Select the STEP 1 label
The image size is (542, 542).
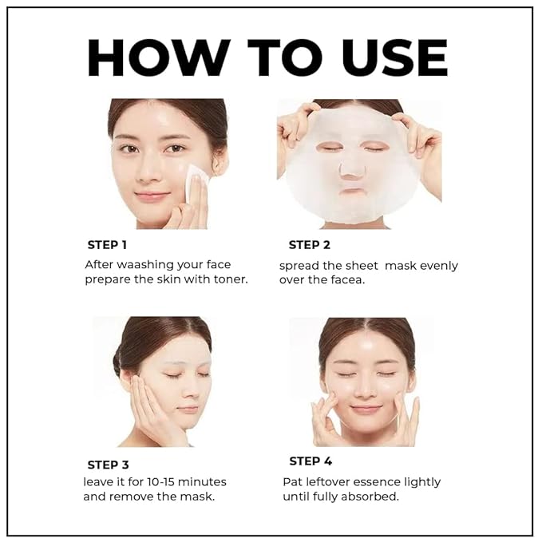click(x=107, y=245)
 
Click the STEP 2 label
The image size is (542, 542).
click(x=309, y=245)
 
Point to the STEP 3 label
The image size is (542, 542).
click(x=108, y=465)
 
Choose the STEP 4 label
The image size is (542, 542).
click(x=311, y=461)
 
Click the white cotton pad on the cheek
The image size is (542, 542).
click(x=196, y=183)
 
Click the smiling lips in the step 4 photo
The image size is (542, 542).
click(x=366, y=409)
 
